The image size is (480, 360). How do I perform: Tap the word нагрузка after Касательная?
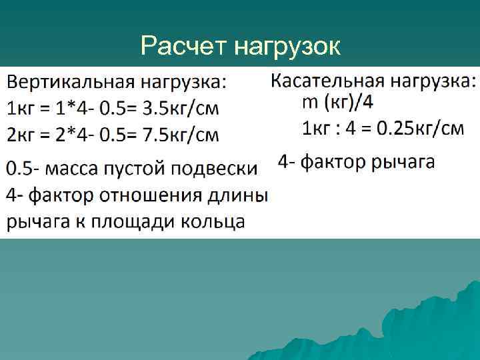(x=429, y=81)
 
